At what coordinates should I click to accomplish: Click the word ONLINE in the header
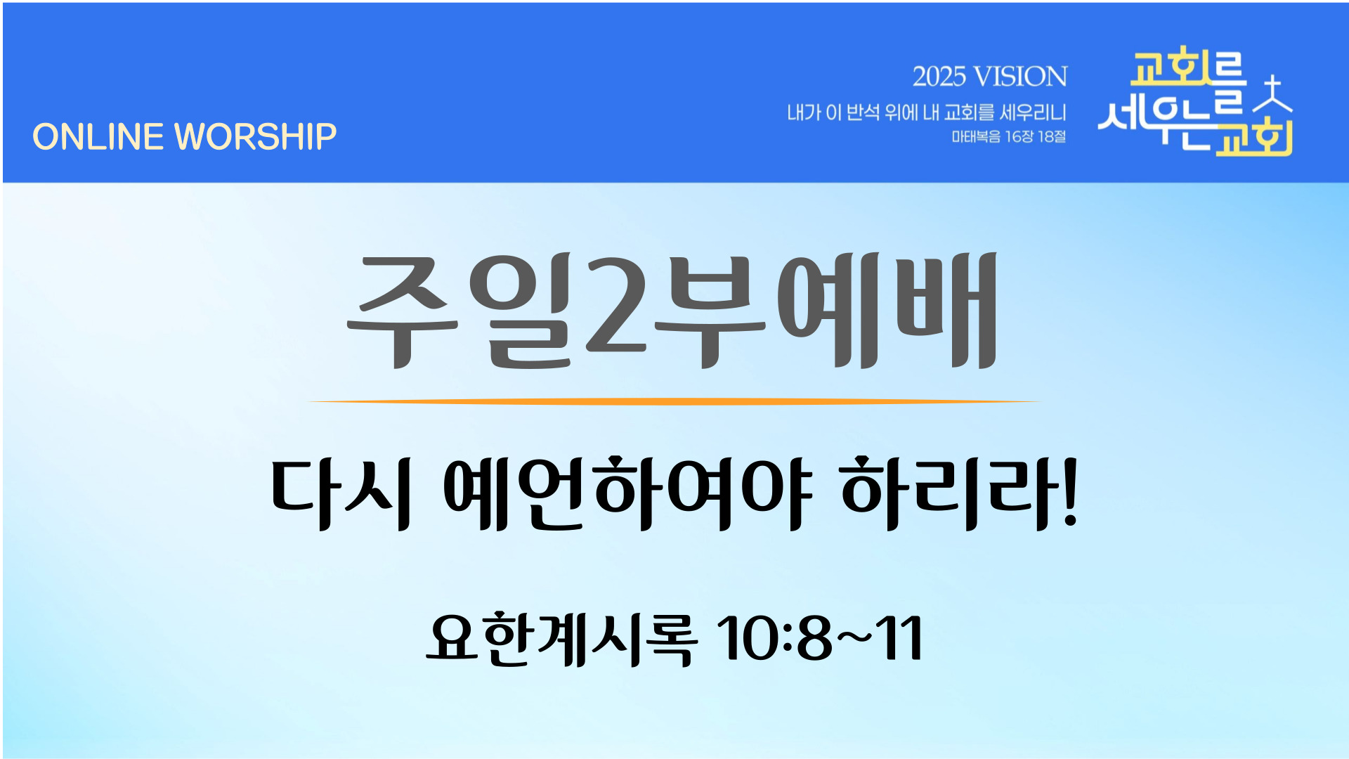pyautogui.click(x=98, y=136)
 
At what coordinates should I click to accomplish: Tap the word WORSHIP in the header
pyautogui.click(x=256, y=136)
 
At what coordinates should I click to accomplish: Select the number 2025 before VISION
pyautogui.click(x=939, y=77)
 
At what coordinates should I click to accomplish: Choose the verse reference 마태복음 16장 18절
pyautogui.click(x=1008, y=136)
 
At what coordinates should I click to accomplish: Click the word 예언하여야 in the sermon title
pyautogui.click(x=627, y=493)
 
